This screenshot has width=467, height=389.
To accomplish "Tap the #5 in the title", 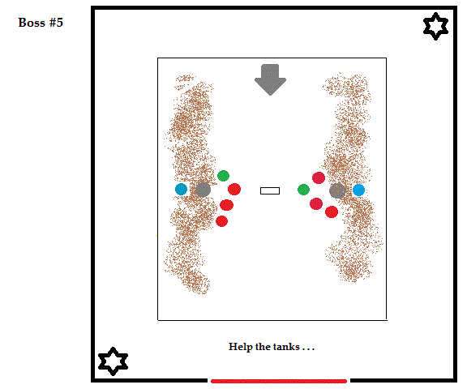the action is [x=56, y=23].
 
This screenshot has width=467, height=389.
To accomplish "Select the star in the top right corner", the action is [x=435, y=26].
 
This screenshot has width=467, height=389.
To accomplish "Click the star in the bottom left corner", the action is [x=113, y=361].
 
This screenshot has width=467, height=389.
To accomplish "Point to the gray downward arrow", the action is [x=270, y=79].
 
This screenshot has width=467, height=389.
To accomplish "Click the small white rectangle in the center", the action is [x=270, y=190].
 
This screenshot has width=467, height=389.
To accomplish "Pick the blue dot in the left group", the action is [x=181, y=190].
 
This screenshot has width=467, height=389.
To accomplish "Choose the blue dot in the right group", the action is [x=358, y=190].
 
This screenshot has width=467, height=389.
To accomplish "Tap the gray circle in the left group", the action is [x=204, y=190].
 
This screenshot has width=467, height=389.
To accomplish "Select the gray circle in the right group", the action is [x=337, y=190].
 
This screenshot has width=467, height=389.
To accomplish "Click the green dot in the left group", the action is [x=224, y=176].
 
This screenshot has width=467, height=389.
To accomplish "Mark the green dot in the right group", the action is [x=303, y=190].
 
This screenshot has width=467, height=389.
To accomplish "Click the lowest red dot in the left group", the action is [x=221, y=221].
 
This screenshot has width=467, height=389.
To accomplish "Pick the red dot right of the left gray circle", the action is [x=234, y=189].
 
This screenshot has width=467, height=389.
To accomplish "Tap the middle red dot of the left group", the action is [x=227, y=205].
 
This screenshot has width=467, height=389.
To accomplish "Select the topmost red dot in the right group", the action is [x=319, y=178].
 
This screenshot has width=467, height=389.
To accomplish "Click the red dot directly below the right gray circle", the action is [x=332, y=212].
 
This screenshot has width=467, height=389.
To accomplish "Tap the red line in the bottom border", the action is [x=279, y=381].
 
